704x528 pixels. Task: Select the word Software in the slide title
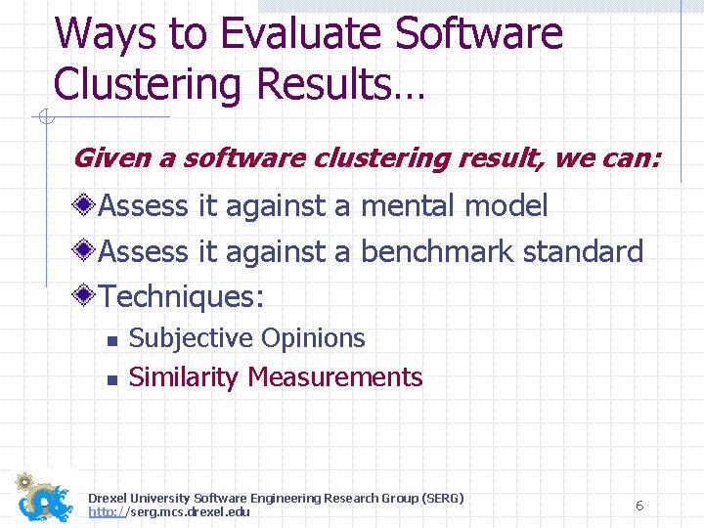(479, 34)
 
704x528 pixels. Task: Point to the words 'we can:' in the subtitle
(607, 157)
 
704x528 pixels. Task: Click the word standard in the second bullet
(583, 251)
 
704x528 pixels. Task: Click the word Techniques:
(182, 295)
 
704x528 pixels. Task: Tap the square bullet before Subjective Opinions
(111, 341)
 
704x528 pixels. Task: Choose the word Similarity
(185, 376)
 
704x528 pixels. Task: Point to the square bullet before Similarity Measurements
(111, 379)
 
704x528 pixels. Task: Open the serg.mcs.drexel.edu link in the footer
(169, 512)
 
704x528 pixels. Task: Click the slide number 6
(638, 506)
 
